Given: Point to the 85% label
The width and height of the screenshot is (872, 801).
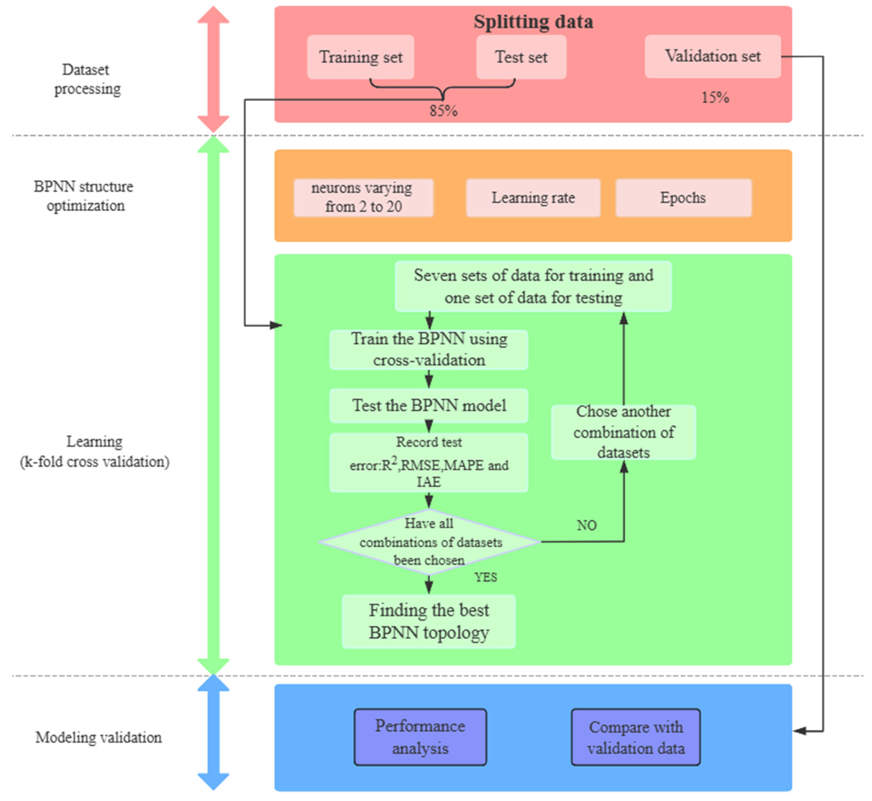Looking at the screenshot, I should (x=443, y=111).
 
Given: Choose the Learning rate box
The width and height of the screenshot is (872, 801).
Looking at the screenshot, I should (x=533, y=198).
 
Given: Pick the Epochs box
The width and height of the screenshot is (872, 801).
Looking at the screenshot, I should (x=683, y=198).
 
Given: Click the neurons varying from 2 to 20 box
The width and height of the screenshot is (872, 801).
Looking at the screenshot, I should (x=363, y=198).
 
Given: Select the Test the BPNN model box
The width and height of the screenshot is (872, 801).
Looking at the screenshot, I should (x=429, y=406).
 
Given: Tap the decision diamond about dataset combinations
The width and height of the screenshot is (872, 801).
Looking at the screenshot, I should (x=430, y=542).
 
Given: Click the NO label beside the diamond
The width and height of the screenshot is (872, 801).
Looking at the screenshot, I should (x=587, y=525).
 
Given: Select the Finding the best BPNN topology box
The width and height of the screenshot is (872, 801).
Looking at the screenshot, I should (x=429, y=621).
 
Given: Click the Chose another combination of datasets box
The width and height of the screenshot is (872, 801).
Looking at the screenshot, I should (x=623, y=432).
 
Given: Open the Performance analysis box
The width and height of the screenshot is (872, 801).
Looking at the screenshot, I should (x=420, y=737).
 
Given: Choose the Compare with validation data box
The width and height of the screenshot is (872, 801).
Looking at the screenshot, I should (x=636, y=737).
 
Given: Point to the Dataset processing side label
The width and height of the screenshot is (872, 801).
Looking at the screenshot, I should (x=87, y=79).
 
